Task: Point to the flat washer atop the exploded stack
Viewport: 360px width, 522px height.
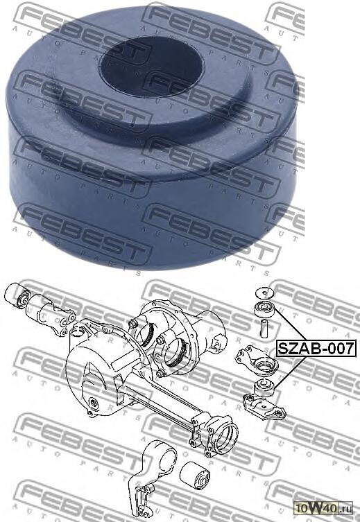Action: (x=264, y=291)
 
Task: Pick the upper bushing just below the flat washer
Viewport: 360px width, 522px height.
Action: (x=264, y=306)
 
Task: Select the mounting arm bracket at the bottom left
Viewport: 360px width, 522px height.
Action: (x=150, y=478)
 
